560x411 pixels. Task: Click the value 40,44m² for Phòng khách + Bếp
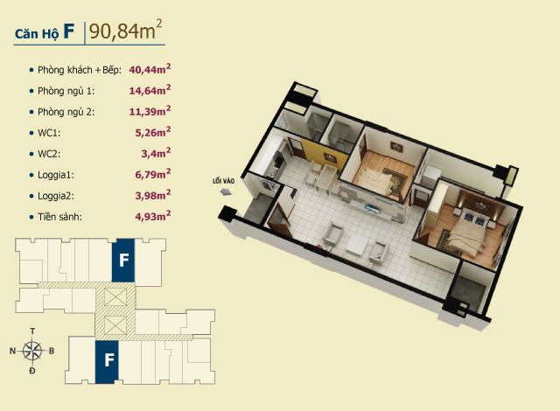(150, 69)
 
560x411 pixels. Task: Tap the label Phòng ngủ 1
(66, 91)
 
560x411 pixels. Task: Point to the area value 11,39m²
(150, 111)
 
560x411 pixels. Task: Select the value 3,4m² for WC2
(156, 153)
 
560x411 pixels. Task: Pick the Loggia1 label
(56, 175)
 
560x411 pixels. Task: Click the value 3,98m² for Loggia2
(153, 195)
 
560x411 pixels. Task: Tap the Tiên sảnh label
(60, 217)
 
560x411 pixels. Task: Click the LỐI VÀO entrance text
(224, 181)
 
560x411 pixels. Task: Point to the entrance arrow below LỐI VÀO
(226, 192)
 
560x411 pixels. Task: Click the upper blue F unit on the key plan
(123, 260)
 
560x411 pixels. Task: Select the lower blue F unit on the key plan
(107, 362)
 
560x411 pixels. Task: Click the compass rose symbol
(32, 351)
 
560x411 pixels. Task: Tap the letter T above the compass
(32, 331)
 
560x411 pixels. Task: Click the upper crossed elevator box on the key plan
(115, 296)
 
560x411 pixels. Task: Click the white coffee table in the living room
(356, 245)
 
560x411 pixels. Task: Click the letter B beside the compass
(52, 351)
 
